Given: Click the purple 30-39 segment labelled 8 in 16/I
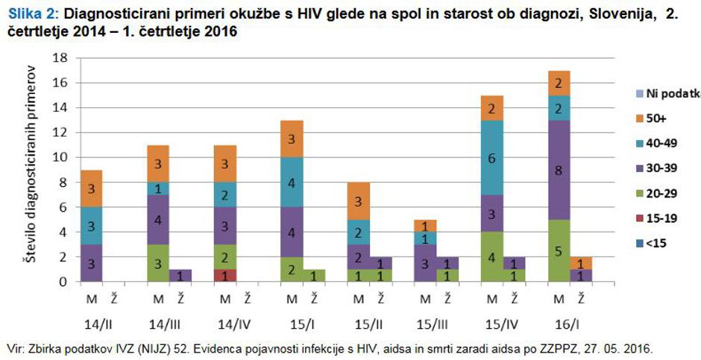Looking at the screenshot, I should point(559,170).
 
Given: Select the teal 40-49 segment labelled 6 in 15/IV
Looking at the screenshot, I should point(491,158).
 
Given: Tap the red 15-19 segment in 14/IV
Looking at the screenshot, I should point(224,275).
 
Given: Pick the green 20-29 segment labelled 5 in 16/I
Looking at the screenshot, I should point(559,250).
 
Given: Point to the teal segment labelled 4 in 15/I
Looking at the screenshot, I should point(292,183).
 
